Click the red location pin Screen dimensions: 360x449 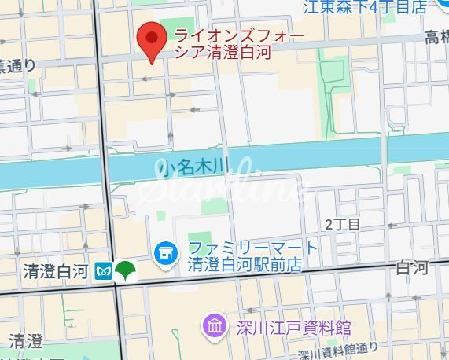point(150,40)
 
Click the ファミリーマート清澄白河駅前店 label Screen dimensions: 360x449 point(253,256)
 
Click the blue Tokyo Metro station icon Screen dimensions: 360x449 point(102,269)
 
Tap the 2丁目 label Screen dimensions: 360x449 point(342,225)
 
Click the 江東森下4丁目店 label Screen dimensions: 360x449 point(366,7)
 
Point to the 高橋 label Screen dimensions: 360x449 point(436,37)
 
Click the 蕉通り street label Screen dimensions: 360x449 point(17,65)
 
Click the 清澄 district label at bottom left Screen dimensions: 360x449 point(26,341)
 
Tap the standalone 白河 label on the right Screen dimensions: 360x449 point(413,268)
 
